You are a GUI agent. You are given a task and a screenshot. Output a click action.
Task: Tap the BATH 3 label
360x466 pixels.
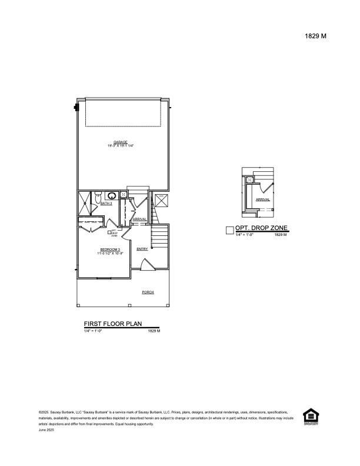(106, 203)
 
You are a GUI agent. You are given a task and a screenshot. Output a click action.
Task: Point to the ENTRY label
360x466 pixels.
(142, 249)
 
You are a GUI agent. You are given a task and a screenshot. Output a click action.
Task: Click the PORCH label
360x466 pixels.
(148, 292)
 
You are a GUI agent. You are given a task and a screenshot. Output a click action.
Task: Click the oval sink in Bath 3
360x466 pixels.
(112, 195)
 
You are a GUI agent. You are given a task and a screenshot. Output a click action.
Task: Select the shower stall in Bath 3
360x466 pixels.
(85, 202)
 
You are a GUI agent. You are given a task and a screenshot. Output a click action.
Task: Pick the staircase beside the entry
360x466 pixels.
(160, 238)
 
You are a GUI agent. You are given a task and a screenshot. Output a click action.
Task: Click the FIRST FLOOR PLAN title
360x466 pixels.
(121, 324)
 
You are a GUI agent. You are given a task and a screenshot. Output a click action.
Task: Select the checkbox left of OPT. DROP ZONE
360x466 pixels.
(229, 231)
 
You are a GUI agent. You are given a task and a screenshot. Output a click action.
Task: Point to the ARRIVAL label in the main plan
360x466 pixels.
(139, 219)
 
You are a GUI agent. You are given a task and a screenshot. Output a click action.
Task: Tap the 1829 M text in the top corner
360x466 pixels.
(315, 36)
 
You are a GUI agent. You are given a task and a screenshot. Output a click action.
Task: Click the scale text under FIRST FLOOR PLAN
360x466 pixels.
(93, 331)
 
